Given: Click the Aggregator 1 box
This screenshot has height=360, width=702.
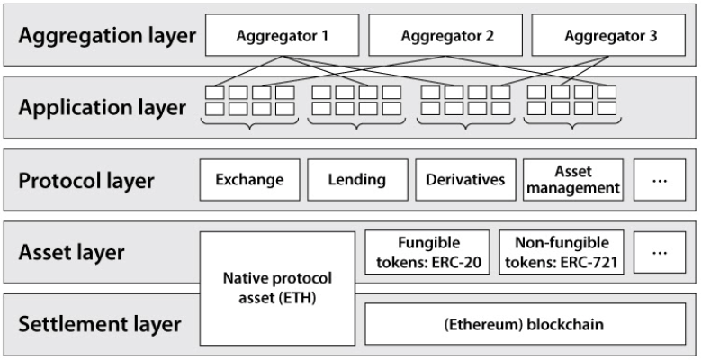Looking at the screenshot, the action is tap(282, 35).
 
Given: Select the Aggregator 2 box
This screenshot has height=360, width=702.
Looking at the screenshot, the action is tap(445, 35).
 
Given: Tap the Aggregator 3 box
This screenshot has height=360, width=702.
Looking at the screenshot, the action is tap(608, 35).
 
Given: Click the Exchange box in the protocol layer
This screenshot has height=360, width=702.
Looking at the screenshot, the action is tap(250, 180).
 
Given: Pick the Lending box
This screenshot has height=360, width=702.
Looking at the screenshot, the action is tap(357, 180).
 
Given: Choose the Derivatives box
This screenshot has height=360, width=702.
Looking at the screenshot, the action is tap(465, 180).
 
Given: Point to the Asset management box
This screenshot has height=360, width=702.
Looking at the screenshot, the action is tap(573, 180).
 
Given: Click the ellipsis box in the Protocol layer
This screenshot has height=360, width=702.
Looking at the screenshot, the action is tap(660, 180).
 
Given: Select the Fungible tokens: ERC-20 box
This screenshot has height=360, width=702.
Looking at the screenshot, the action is tap(427, 252).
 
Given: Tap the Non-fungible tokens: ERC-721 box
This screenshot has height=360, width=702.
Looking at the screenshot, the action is tap(562, 252).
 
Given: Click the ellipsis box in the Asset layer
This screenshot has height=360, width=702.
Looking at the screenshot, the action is tap(660, 252).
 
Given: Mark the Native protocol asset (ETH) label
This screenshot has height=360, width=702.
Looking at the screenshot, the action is tap(277, 287).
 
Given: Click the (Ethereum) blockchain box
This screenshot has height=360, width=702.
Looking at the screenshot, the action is tap(526, 324).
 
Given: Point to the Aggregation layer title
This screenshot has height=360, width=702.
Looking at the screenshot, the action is tap(107, 36).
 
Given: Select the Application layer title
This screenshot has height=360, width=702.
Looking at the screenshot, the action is tap(103, 107).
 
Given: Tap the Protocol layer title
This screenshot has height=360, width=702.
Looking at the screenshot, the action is tap(86, 180).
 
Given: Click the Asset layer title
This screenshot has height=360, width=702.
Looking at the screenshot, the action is tap(72, 252).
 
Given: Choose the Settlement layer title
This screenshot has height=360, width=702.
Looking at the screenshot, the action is tap(100, 324).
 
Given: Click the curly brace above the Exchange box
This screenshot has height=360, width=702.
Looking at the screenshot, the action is tap(250, 124).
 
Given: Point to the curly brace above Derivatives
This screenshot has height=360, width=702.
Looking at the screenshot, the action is tap(465, 124).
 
